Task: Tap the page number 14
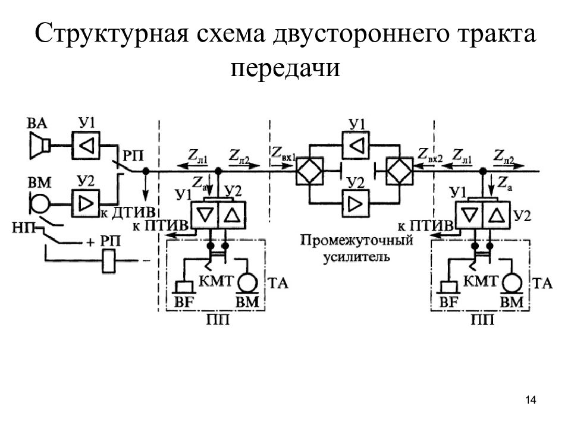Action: tap(531, 400)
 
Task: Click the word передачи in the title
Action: tap(285, 67)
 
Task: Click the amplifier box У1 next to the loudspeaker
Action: tap(86, 146)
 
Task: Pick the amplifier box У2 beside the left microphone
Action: tap(86, 204)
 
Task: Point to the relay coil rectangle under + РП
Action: tap(108, 260)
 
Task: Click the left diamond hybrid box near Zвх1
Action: tap(309, 171)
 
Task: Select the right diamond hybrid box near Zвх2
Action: tap(400, 171)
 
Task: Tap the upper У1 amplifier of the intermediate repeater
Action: tap(356, 146)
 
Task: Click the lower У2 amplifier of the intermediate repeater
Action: tap(356, 203)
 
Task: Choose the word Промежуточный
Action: tap(357, 240)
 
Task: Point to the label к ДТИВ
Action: tap(128, 213)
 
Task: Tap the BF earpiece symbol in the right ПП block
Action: tap(449, 287)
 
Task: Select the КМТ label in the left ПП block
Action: tap(216, 281)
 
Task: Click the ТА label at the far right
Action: tap(542, 283)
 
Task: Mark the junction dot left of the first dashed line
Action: tap(146, 171)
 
